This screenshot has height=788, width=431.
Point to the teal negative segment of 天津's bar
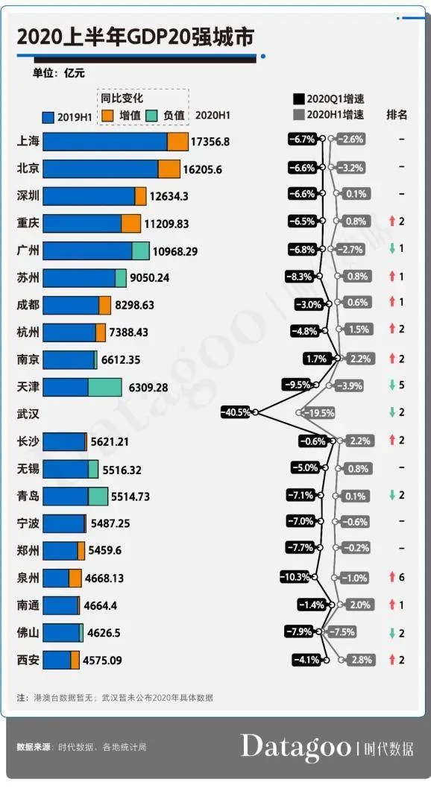point(104,387)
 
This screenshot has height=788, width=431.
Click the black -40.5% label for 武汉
point(235,412)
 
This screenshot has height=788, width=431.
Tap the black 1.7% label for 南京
point(316,359)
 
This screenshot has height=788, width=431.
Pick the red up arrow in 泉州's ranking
point(391,578)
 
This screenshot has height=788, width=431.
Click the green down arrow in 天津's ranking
point(391,386)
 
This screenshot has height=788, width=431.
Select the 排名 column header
point(397,115)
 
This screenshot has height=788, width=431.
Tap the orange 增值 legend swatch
point(107,116)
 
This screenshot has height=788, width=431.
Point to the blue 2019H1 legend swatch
point(49,116)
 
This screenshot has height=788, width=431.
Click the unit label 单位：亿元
point(58,73)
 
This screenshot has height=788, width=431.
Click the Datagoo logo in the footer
point(295,747)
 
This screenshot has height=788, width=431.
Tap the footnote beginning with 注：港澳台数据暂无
point(116,699)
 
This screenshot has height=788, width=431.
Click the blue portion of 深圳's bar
point(88,196)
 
